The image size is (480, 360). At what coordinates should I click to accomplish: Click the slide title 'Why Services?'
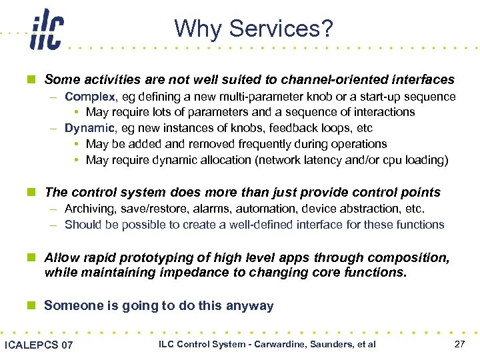[253, 29]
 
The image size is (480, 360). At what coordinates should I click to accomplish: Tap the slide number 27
[459, 344]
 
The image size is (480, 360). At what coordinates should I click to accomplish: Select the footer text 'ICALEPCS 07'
[39, 345]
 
